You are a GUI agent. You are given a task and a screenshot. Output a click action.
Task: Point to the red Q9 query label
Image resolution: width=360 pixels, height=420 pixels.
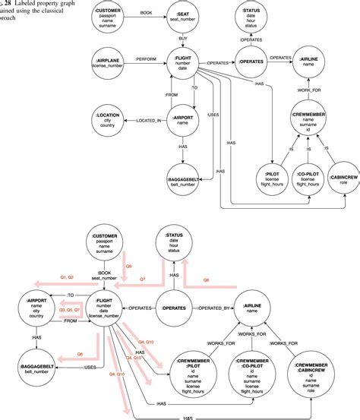pyautogui.click(x=128, y=266)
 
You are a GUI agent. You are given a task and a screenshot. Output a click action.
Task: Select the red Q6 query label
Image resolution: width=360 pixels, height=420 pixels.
pyautogui.click(x=79, y=353)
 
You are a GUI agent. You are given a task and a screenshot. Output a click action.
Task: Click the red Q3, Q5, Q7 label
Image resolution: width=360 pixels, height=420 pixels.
pyautogui.click(x=71, y=310)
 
